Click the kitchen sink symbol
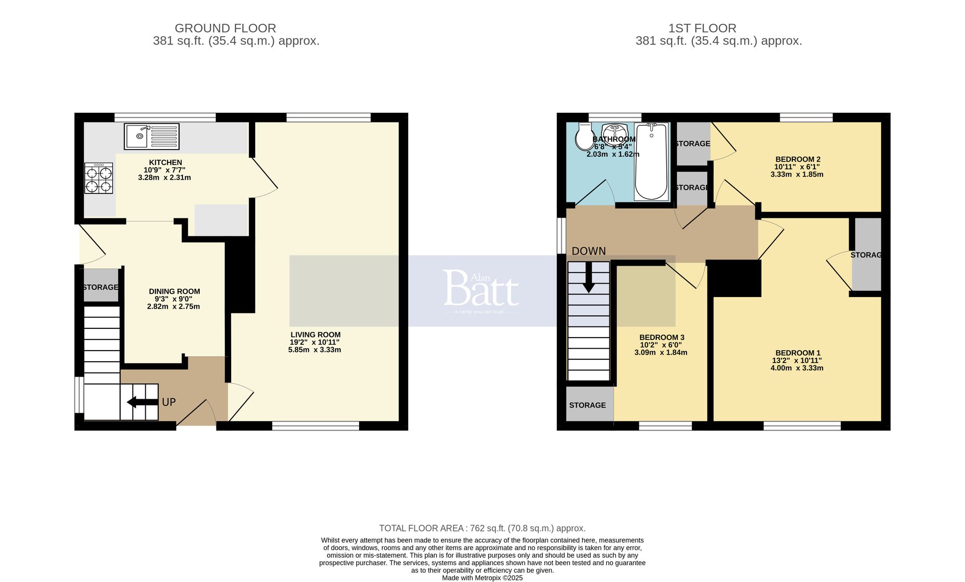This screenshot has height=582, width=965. [151, 136]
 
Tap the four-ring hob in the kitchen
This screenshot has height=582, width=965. [99, 178]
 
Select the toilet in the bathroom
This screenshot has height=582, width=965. [585, 136]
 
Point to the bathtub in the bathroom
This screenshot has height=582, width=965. [651, 162]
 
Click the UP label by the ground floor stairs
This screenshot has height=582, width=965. [169, 402]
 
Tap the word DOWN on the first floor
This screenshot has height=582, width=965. [589, 251]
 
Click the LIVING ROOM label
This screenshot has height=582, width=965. [316, 335]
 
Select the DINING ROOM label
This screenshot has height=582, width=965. [174, 291]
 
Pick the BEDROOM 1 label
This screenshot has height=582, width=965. [798, 353]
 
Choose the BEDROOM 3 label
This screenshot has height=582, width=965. [662, 338]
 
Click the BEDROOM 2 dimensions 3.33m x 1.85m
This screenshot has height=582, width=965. [797, 175]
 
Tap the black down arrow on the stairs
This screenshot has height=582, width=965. [589, 283]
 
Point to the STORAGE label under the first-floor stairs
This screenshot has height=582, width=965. [587, 405]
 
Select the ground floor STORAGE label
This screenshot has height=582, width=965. [100, 287]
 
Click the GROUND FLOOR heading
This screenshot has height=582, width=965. [225, 28]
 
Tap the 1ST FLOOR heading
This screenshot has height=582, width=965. [702, 28]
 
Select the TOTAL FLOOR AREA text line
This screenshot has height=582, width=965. [482, 528]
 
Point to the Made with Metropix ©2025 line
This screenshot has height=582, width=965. [482, 578]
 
